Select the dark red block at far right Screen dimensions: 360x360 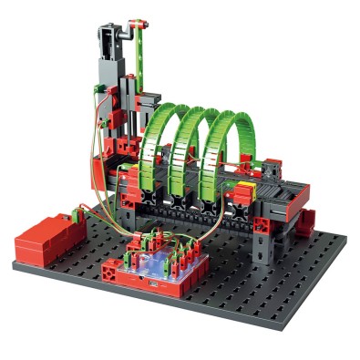tap(307, 220)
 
